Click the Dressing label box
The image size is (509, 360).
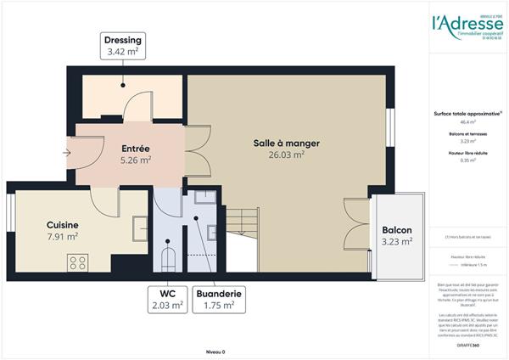pos(123,46)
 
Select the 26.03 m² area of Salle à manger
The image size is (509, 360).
pos(286,156)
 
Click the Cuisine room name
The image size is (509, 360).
pos(63,224)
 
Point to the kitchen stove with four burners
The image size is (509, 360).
pos(79,263)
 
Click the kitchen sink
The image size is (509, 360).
pos(137,228)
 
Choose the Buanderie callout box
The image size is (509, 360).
pos(218,300)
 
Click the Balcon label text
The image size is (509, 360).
pos(397,230)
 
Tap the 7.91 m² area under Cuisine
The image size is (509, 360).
pos(63,237)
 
